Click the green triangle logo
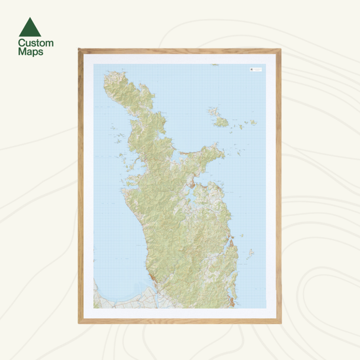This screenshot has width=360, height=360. pos(30,27)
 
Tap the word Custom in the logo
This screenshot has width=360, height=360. pos(36,43)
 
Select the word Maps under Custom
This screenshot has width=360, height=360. pos(31,52)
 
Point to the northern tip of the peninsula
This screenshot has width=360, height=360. pos(108,78)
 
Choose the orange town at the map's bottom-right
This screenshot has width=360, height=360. pos(232,302)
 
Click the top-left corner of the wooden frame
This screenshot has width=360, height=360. pos(79,48)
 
